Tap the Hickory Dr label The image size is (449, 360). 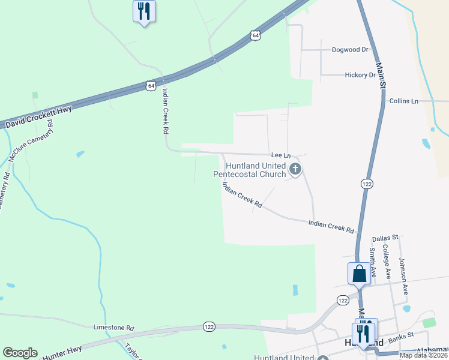coord(360,75)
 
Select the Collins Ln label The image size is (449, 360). coord(403,101)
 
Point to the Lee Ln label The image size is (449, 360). coord(280,155)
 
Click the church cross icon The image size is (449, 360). coord(295,170)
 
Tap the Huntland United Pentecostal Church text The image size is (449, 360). coord(251,170)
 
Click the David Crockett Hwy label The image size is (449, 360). coord(38,117)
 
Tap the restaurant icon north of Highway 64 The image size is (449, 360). coord(144,11)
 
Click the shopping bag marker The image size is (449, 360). coord(359,274)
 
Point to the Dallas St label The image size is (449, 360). coord(385,238)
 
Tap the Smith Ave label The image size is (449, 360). coord(372,262)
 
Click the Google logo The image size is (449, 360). coord(20,353)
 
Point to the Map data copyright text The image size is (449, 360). coord(423,355)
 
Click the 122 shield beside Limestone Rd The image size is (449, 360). coord(209,326)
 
